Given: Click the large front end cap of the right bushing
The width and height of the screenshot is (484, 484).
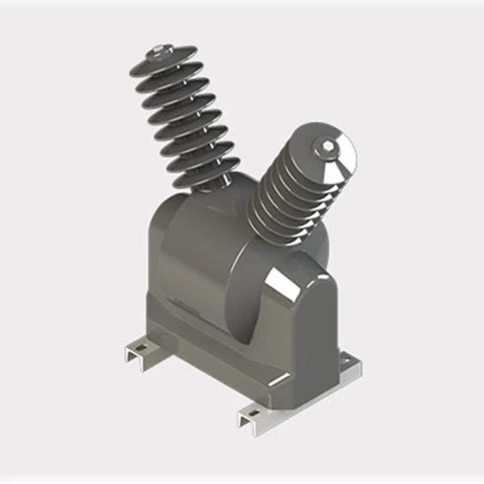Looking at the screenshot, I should click(327, 157).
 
